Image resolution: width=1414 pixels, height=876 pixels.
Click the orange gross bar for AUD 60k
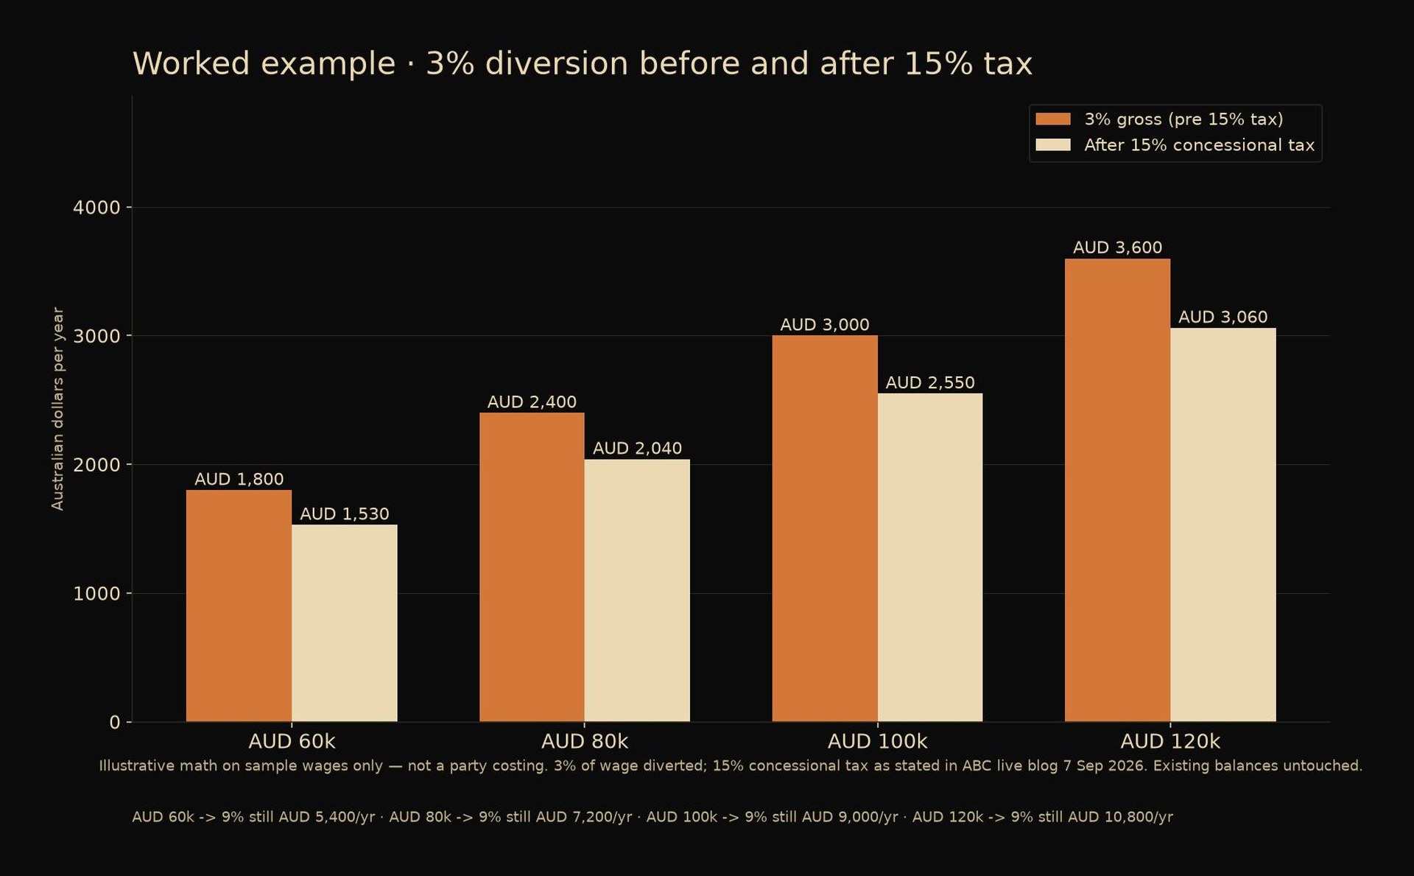(239, 606)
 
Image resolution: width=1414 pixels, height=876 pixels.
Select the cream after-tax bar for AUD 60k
(344, 623)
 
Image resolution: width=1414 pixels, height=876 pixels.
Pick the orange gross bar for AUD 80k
(532, 567)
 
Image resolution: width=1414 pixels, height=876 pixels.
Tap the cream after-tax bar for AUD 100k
(930, 558)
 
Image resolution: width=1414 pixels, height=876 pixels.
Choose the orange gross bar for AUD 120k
(1117, 490)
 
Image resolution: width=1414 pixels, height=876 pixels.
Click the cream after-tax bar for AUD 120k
(1223, 525)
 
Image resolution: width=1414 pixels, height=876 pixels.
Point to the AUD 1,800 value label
(239, 479)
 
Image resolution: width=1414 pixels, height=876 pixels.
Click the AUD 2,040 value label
(637, 448)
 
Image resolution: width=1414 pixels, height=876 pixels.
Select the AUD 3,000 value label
(825, 324)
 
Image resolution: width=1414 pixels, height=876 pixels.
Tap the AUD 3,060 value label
(1223, 317)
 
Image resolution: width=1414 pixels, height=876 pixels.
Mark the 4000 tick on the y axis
(96, 208)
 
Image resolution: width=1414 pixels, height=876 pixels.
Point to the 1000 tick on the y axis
(96, 594)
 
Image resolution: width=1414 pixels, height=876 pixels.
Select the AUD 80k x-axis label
(585, 741)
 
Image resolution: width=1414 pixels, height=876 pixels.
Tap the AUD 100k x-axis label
(877, 741)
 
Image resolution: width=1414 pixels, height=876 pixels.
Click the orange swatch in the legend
(1053, 119)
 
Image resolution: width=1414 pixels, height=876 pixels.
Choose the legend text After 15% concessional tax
(1199, 145)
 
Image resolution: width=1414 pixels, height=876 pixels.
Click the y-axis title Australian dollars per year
(57, 409)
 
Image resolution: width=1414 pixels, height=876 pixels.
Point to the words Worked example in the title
(264, 64)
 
